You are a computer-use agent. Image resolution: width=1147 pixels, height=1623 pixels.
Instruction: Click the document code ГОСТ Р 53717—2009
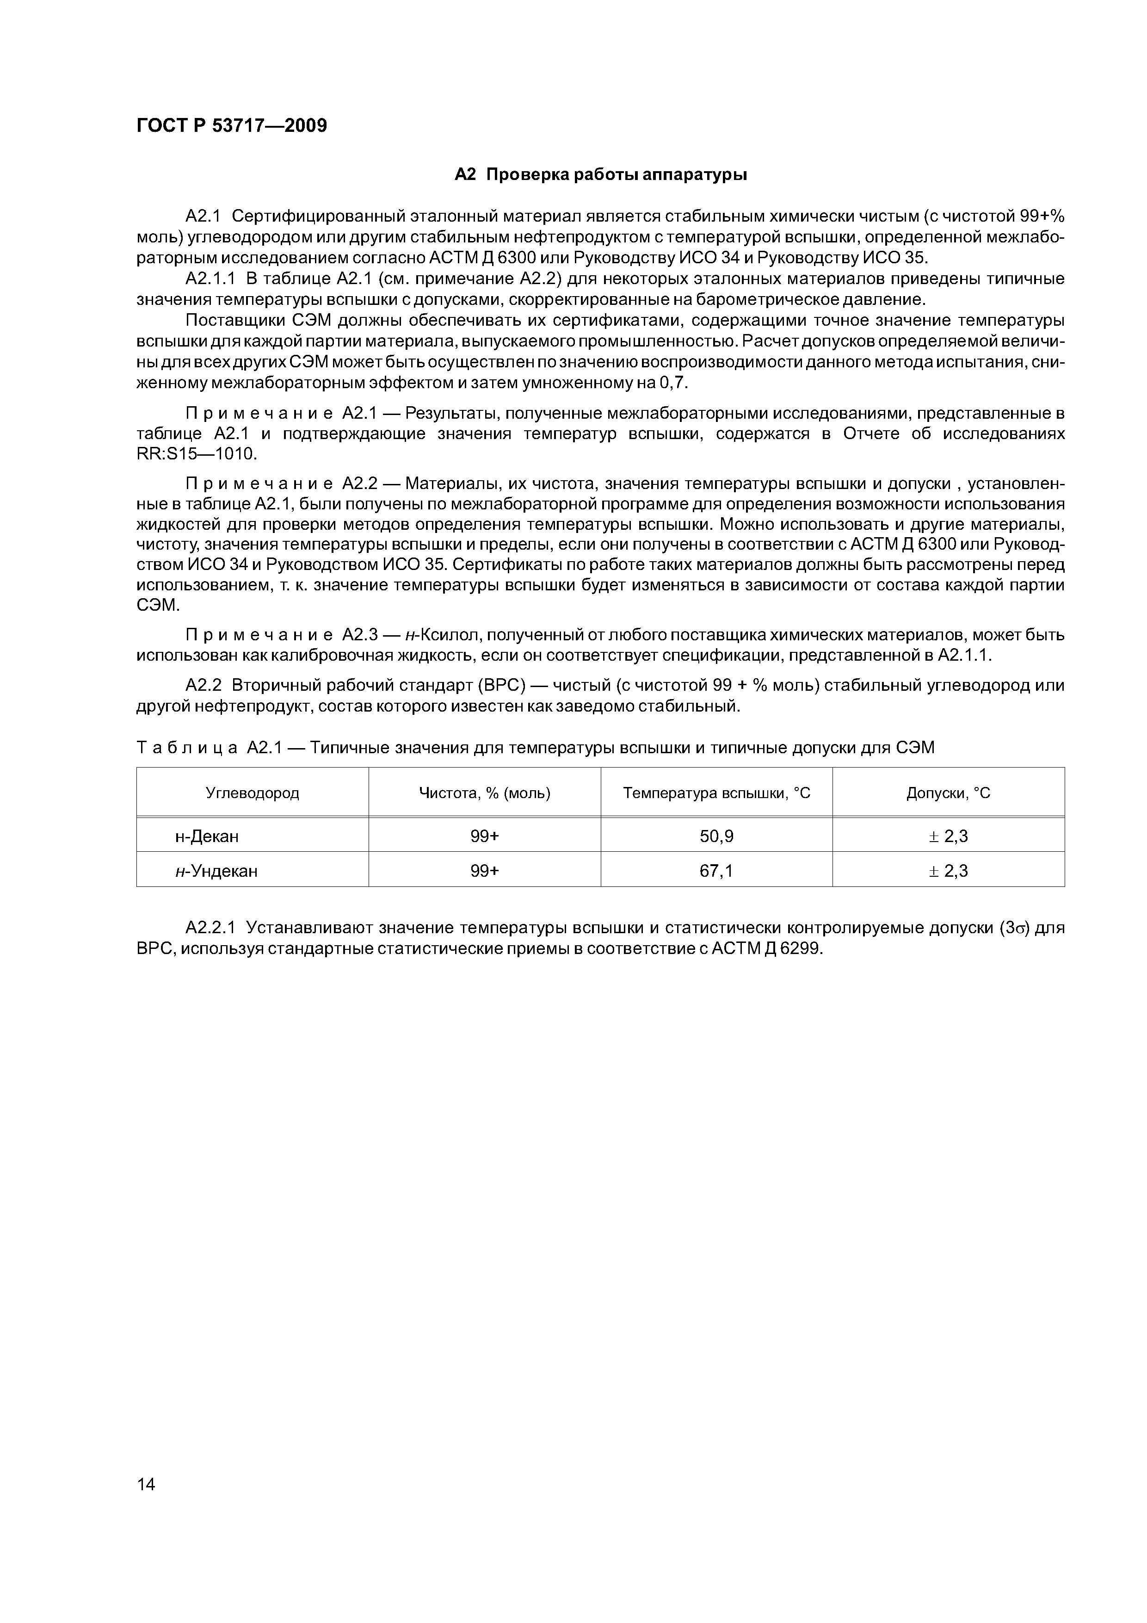pyautogui.click(x=231, y=126)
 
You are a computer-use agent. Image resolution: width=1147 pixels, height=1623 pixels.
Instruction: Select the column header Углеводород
pyautogui.click(x=253, y=793)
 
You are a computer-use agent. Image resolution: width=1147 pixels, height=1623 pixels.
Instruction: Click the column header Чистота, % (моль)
pyautogui.click(x=484, y=793)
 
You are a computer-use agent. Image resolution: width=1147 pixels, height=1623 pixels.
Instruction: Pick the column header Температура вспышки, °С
pyautogui.click(x=716, y=793)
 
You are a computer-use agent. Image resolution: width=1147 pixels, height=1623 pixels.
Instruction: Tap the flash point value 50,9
pyautogui.click(x=716, y=836)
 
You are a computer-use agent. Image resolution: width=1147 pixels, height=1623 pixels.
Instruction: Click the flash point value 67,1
pyautogui.click(x=716, y=871)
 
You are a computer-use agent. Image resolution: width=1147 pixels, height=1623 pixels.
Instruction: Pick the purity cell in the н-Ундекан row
pyautogui.click(x=484, y=871)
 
